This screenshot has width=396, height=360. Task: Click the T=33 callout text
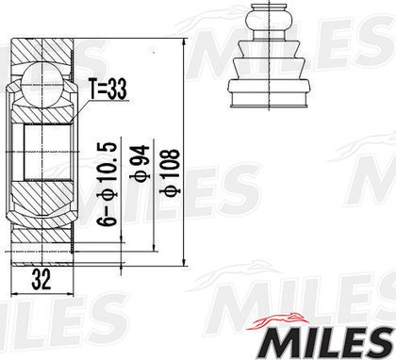[x=107, y=89]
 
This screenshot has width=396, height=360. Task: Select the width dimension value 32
[x=41, y=279]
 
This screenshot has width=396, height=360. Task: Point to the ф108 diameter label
[x=171, y=172]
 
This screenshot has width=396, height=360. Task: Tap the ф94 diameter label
[x=139, y=163]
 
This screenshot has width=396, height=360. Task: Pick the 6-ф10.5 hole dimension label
[x=107, y=184]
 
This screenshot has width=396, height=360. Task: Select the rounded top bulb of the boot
[x=269, y=20]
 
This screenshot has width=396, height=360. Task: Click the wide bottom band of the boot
[x=269, y=99]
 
